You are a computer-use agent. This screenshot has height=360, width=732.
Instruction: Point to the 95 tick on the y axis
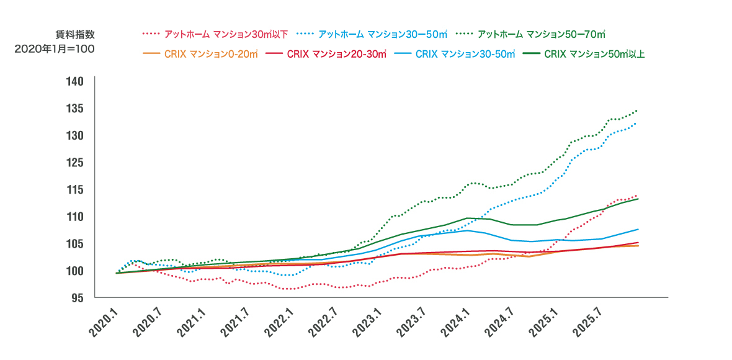point(77,298)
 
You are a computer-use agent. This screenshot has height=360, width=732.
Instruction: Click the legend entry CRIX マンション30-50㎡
point(465,54)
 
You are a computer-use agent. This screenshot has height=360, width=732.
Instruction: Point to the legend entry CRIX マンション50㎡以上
point(594,54)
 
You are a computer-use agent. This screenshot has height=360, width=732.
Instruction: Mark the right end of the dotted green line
point(637,110)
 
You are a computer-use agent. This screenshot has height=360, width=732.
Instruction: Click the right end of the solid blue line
point(638,230)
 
